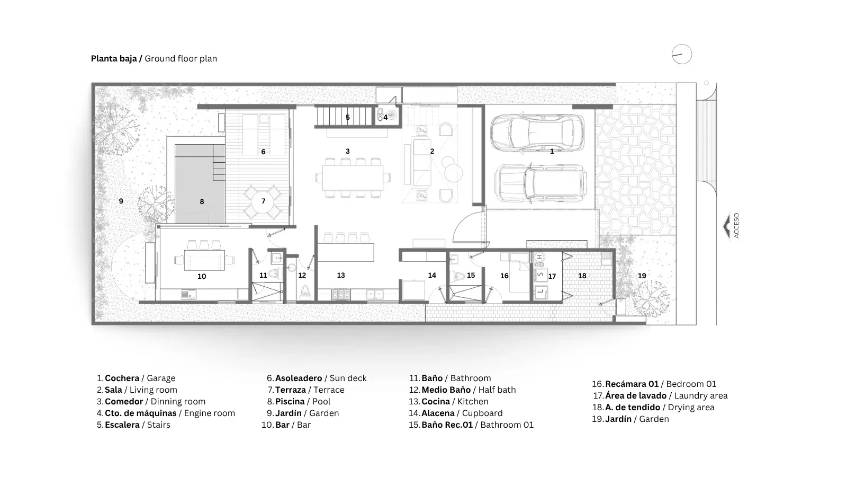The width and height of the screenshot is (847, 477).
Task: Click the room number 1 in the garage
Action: [x=552, y=152]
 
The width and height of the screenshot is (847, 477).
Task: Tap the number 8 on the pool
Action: [x=202, y=202]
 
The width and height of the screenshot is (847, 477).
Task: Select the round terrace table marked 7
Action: [x=263, y=201]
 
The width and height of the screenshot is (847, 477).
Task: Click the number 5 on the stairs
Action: [x=347, y=117]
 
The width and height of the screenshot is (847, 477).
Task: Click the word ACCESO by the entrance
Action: [x=736, y=226]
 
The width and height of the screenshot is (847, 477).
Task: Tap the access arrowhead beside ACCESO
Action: [x=726, y=226]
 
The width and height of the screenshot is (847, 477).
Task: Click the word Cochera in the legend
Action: [x=122, y=378]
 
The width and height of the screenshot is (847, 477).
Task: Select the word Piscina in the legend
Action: [x=290, y=401]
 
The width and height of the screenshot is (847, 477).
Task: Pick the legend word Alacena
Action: [x=438, y=413]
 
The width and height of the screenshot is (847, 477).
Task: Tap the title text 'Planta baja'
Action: [x=114, y=59]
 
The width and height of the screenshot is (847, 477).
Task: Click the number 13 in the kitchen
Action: [x=341, y=275]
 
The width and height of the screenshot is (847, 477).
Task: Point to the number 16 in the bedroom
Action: [x=504, y=276]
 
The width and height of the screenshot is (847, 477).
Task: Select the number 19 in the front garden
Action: [x=642, y=276]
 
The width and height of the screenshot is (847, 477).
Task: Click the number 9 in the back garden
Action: [x=121, y=201]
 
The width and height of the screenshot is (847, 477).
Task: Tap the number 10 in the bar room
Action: [x=202, y=276]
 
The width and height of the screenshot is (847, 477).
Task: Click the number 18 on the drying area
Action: [x=582, y=276]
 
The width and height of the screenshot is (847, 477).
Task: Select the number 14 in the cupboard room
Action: [x=432, y=275]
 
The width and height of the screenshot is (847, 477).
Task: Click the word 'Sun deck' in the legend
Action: [x=348, y=378]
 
